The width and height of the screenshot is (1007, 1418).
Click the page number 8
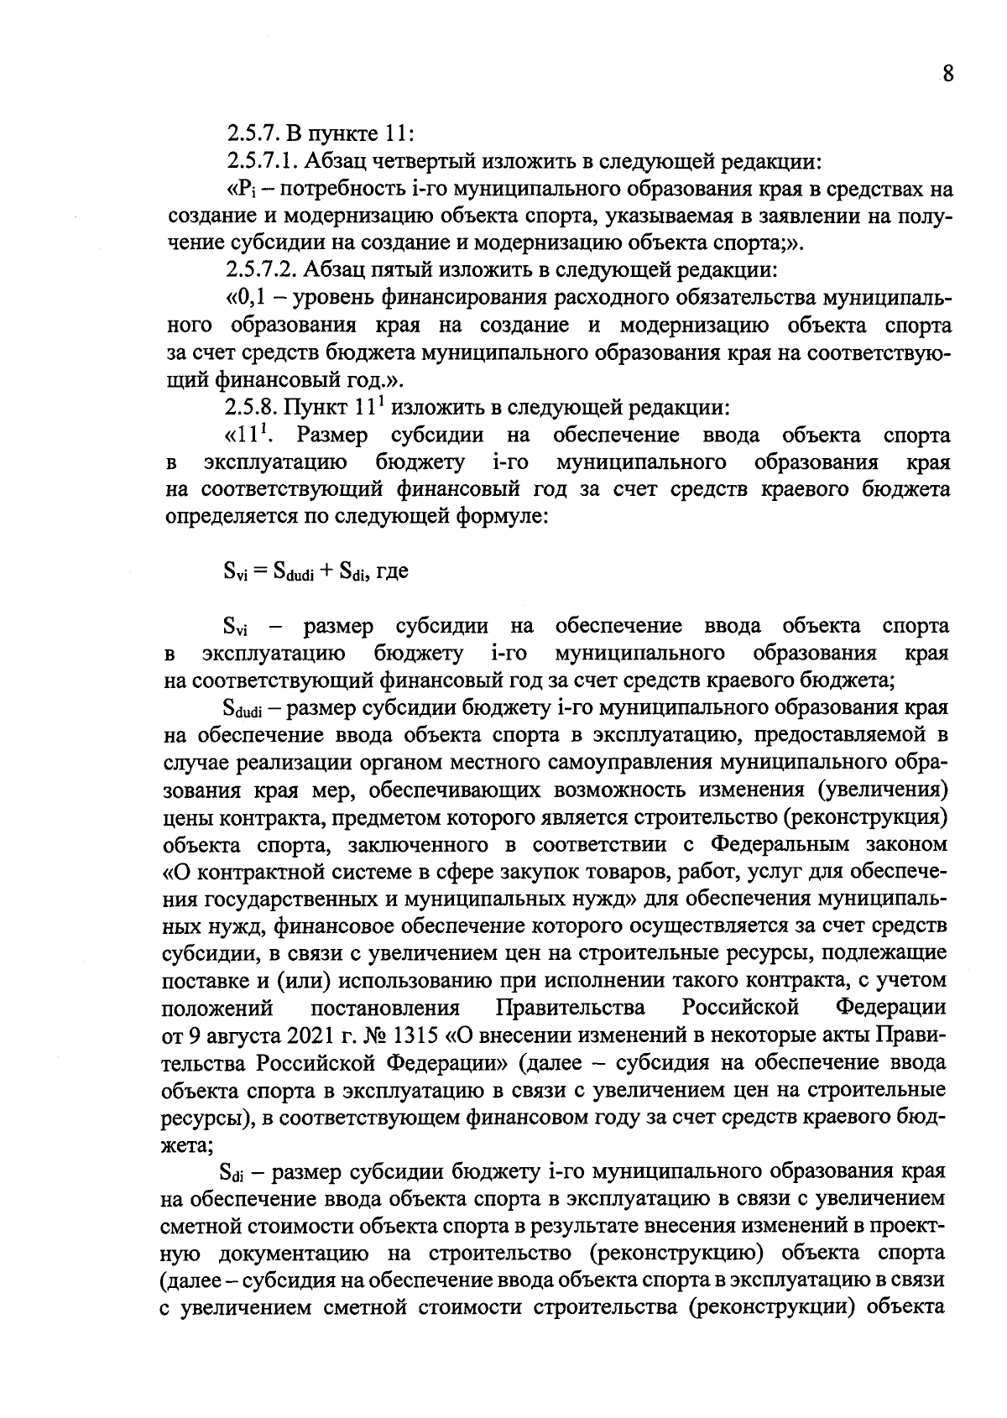(947, 74)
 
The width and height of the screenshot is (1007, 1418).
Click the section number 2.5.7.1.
(259, 160)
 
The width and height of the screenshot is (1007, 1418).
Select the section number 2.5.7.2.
(259, 270)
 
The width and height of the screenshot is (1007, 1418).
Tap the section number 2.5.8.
(250, 408)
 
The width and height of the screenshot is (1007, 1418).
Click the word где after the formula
(392, 571)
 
